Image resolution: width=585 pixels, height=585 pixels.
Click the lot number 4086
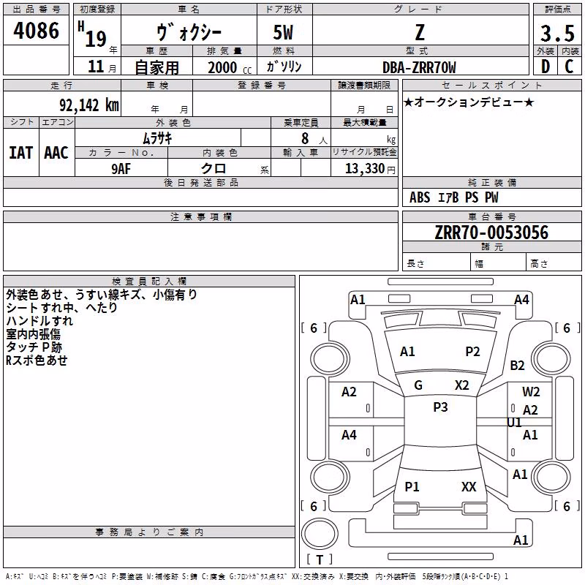point(36,31)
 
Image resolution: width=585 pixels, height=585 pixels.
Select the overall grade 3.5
point(557,33)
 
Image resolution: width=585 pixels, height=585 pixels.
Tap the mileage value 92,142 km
point(89,105)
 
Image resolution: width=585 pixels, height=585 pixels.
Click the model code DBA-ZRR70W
point(419,67)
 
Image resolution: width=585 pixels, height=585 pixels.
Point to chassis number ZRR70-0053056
point(491,233)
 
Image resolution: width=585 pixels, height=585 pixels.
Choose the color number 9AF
point(121,169)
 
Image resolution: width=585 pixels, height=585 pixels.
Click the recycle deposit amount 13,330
point(364,168)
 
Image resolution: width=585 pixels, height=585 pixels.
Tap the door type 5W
point(283,32)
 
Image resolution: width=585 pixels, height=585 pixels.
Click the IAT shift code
point(21,153)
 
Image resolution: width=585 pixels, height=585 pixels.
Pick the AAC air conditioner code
point(56,153)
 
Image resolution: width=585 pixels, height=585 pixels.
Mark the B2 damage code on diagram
point(517,365)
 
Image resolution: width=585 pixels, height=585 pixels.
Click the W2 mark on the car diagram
point(531,391)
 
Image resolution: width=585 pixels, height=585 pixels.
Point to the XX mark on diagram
point(469,486)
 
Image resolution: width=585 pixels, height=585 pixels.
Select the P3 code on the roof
point(440,407)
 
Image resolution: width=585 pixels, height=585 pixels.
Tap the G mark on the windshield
point(418,385)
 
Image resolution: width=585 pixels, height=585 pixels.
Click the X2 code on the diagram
point(462,385)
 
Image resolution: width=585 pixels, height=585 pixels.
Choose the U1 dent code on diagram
point(514,423)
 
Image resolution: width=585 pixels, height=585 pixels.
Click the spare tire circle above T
point(320,534)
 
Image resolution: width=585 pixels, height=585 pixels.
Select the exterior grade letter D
point(546,67)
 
